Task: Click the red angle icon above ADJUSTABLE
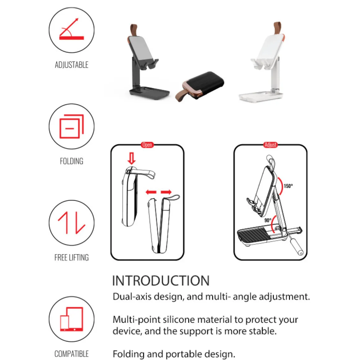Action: point(72,29)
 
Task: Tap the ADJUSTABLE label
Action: point(72,65)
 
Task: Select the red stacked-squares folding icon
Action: point(72,126)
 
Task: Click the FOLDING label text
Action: point(72,161)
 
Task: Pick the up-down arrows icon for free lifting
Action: point(72,223)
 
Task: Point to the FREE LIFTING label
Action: point(72,258)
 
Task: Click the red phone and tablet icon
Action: point(72,319)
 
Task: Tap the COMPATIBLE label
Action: point(72,354)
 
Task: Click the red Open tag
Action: point(147,145)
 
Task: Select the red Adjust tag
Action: point(270,145)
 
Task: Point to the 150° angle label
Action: point(288,186)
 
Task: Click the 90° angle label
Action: point(268,220)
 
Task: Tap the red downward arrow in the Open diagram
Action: point(132,158)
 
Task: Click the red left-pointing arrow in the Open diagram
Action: point(151,192)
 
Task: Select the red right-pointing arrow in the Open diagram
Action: point(166,192)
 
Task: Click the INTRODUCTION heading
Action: point(161,281)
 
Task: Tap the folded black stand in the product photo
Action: point(200,86)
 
